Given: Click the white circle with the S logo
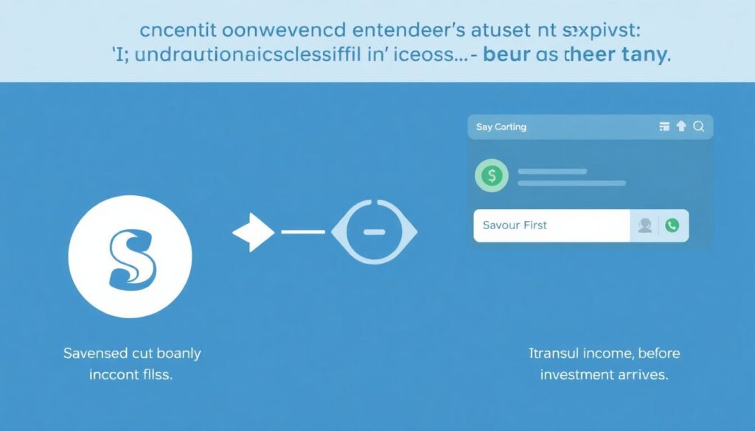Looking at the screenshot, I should [130, 257].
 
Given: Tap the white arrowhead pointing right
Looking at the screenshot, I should [253, 233].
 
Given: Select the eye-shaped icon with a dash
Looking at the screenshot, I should [375, 232].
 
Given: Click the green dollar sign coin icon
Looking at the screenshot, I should [493, 175].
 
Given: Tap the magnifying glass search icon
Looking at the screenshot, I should [699, 127].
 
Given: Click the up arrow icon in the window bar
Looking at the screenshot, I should [681, 127].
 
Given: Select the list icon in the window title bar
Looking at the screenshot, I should [664, 127].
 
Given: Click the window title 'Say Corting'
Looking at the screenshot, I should [501, 127].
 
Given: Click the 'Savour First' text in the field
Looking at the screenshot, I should [515, 225].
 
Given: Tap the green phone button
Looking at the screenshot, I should [672, 225].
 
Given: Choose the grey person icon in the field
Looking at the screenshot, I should [644, 225].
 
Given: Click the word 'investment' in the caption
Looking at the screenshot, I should [577, 375].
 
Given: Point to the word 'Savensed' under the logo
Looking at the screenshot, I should [92, 354].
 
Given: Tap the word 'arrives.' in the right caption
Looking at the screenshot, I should [641, 375].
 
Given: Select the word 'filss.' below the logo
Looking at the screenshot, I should [156, 375].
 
